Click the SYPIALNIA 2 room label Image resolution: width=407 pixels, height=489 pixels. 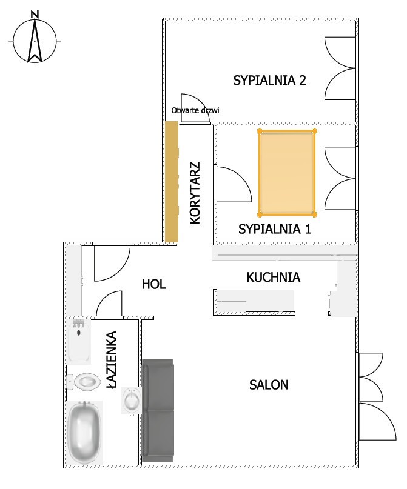(270, 81)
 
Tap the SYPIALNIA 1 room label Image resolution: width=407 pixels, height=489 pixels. (275, 229)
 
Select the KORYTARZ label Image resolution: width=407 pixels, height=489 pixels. (195, 193)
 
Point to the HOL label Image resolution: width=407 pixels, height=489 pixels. (154, 284)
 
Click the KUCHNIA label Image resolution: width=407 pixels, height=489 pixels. (274, 278)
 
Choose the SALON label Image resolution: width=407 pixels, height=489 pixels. (269, 385)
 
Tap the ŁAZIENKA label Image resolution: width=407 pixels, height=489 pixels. (112, 359)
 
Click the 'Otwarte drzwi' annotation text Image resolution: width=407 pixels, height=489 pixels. (195, 110)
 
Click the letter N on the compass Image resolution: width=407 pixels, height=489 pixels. (35, 14)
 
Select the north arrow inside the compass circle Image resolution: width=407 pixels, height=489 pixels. (35, 40)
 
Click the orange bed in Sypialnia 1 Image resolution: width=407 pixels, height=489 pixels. (287, 173)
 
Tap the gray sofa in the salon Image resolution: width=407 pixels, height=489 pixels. (158, 410)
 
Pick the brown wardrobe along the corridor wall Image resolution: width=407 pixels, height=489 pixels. (171, 182)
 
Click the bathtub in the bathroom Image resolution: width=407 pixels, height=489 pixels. (84, 433)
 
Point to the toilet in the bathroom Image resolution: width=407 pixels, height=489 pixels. (84, 381)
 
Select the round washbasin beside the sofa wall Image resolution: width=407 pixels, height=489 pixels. (132, 401)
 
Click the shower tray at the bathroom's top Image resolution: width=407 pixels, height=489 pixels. (79, 341)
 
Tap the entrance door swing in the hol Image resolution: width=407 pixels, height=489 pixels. (112, 262)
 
